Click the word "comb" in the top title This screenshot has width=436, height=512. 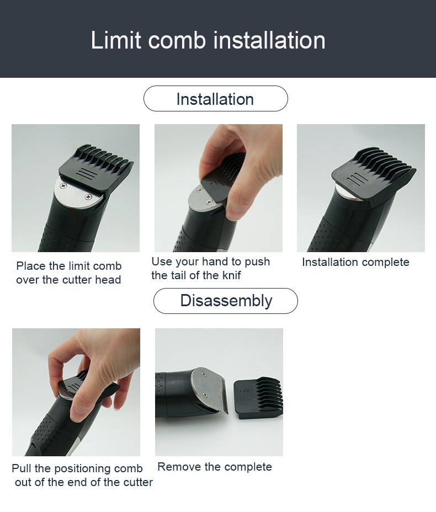(x=177, y=40)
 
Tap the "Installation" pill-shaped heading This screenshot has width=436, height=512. (x=216, y=99)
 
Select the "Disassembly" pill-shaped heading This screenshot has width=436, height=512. (x=226, y=301)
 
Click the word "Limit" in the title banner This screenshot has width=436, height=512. (x=116, y=40)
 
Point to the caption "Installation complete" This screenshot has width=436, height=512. (x=355, y=262)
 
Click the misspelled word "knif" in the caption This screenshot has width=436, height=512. (x=232, y=275)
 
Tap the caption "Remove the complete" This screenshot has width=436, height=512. (x=215, y=467)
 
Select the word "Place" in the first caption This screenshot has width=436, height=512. (x=31, y=266)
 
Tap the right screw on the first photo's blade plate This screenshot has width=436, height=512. (x=88, y=196)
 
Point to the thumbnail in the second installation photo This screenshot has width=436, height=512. (x=234, y=212)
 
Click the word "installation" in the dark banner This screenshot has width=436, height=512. (x=269, y=40)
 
